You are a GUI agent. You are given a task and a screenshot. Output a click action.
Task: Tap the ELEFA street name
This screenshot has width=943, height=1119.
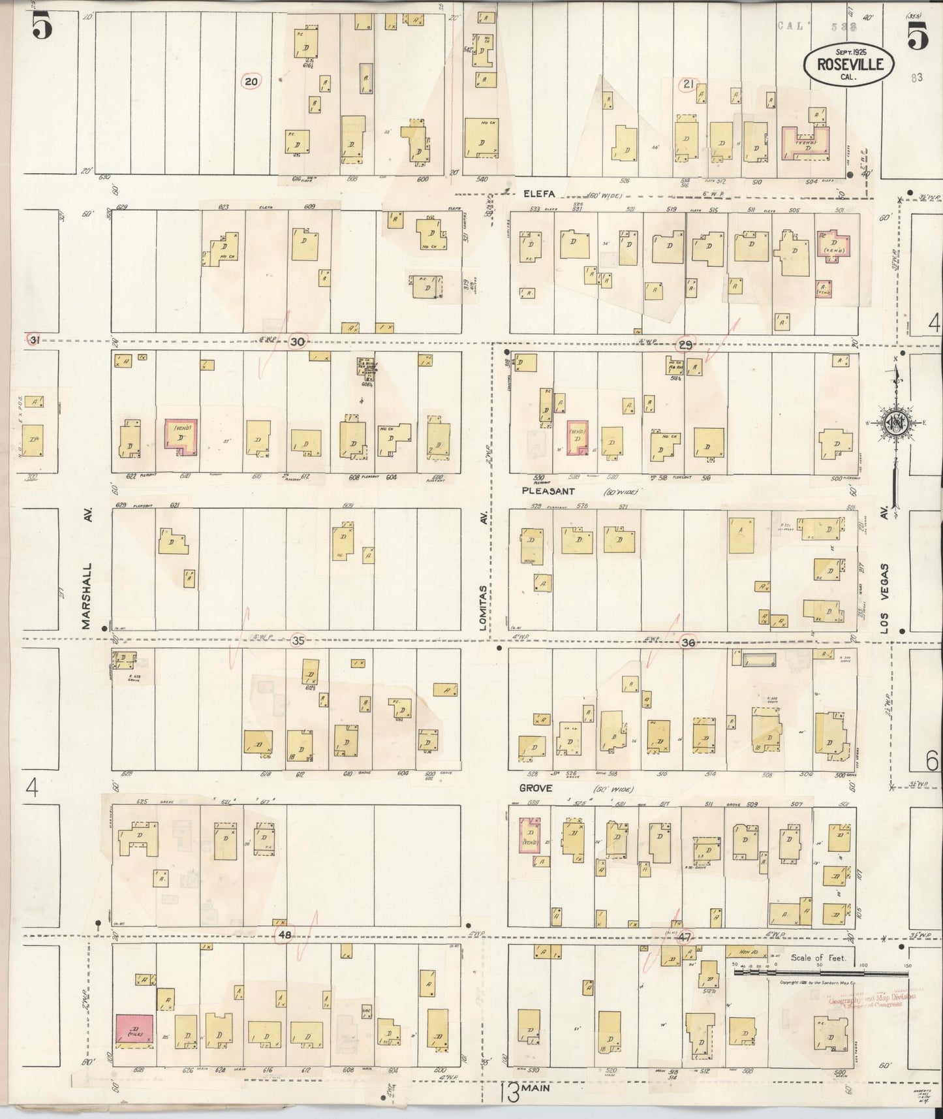point(538,193)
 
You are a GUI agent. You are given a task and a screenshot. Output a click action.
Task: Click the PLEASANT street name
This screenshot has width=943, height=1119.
point(548,490)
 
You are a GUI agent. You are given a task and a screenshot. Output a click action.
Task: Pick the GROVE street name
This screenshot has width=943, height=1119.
point(536,788)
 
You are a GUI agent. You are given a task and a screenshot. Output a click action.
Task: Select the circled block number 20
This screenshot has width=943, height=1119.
point(252,82)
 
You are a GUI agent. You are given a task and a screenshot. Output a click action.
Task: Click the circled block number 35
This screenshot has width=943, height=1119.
point(298,640)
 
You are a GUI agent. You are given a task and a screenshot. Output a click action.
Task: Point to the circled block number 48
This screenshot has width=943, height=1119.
point(284,935)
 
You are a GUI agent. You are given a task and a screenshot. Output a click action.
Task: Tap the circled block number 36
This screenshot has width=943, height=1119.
point(687,642)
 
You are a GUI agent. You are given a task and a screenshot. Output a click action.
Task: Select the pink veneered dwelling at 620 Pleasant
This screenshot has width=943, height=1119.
point(179,436)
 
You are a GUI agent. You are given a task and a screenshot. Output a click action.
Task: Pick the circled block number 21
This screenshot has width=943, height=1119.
point(688,84)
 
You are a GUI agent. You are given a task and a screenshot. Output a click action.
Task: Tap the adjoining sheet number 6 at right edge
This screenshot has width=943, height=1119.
point(931,760)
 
